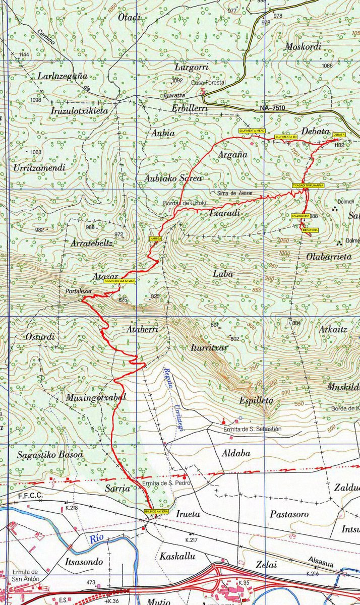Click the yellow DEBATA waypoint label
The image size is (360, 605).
coord(339,135)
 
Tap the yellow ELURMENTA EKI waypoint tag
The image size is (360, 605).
coord(286,137)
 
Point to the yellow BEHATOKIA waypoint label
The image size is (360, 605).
coord(310,230)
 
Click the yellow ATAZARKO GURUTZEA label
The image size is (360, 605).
coord(120,281)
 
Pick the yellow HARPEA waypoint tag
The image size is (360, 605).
coord(155,238)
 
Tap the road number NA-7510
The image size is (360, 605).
coord(273,108)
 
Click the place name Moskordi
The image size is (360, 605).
coord(303,46)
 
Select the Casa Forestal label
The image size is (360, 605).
coord(208,83)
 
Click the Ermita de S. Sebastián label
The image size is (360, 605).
coord(252,429)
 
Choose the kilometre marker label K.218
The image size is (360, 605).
coord(71,508)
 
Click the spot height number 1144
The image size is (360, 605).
coord(24,54)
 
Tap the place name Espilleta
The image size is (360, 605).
coord(256,400)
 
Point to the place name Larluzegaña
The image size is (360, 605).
coord(63,76)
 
